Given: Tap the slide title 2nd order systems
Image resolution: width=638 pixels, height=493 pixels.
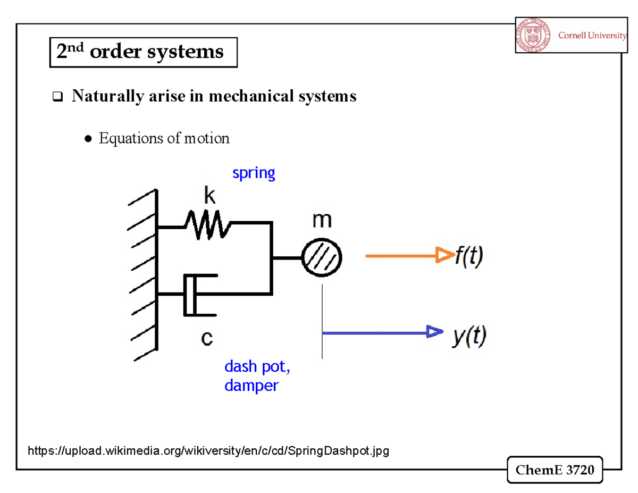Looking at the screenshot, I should click(140, 52).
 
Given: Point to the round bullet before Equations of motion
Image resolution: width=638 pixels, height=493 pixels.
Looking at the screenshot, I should click(88, 139).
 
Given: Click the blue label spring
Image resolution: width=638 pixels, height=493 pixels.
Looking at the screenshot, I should click(254, 173).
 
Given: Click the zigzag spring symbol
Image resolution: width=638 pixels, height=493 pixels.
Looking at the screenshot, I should click(207, 225).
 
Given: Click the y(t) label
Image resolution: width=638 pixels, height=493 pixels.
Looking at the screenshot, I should click(468, 336).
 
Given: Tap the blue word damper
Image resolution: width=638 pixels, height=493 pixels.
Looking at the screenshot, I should click(251, 385).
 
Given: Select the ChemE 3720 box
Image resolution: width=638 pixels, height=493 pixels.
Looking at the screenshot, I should click(555, 470).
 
